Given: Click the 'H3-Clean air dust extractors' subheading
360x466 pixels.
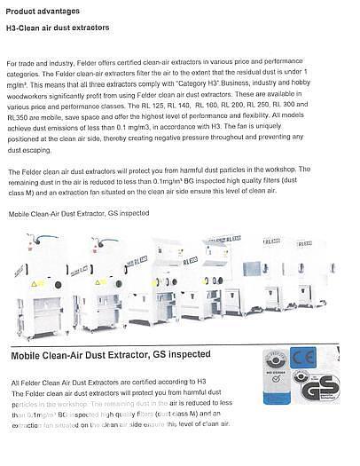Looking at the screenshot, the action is [59, 28].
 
